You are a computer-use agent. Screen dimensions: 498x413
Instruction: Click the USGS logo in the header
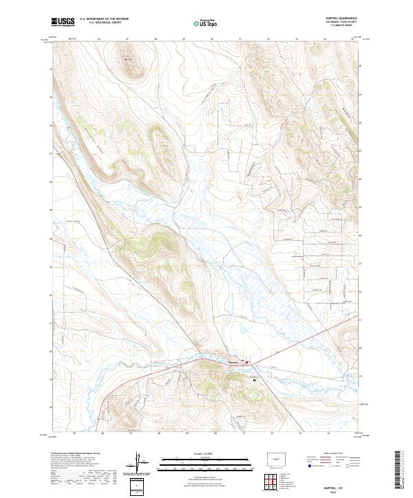[x=63, y=23]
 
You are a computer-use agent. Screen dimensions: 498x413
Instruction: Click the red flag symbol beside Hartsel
[x=248, y=363]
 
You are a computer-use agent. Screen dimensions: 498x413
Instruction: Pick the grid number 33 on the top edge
[x=297, y=39]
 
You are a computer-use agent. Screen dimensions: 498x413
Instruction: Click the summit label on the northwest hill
[x=128, y=60]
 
